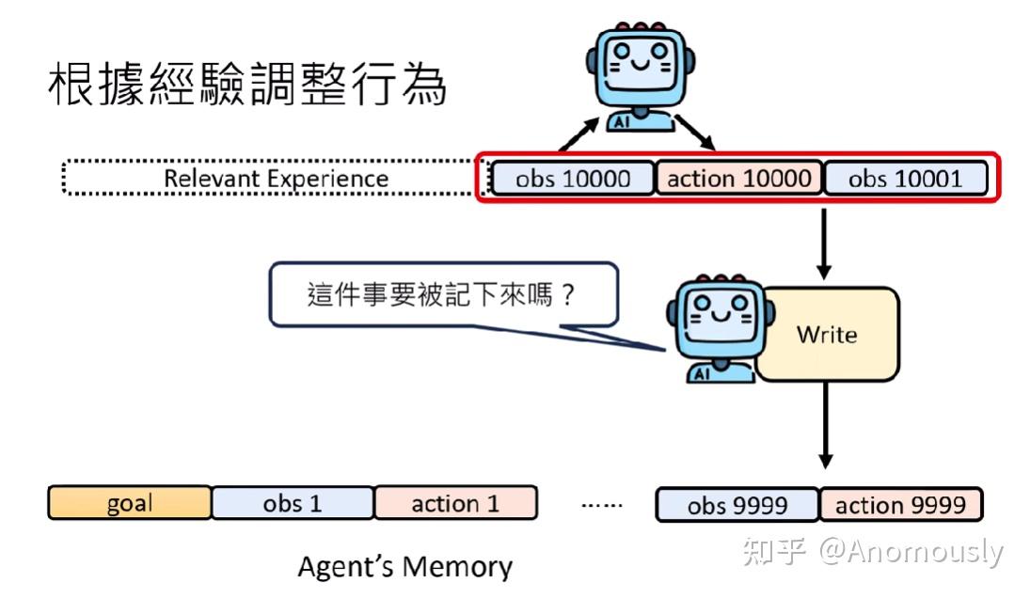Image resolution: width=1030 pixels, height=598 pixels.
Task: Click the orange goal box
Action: [130, 503]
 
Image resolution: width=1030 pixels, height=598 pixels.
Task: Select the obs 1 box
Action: [293, 503]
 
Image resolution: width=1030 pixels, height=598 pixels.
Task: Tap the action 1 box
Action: [455, 503]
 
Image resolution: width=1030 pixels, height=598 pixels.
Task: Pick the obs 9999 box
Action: [737, 505]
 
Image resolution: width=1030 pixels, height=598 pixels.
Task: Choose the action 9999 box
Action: [900, 505]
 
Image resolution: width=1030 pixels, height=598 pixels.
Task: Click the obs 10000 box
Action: [573, 179]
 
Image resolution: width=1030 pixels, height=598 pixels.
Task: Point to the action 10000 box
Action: [738, 179]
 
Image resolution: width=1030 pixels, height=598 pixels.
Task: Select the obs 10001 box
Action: [905, 179]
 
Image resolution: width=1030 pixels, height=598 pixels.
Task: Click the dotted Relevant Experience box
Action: [273, 179]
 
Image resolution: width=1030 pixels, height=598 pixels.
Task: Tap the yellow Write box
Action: [827, 334]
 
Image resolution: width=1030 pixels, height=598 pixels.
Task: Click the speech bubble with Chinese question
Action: [442, 295]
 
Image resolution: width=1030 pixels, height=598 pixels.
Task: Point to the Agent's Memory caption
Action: [404, 567]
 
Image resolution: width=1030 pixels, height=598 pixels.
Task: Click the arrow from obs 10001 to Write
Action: [824, 242]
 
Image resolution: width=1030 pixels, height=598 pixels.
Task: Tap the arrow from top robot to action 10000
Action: [697, 133]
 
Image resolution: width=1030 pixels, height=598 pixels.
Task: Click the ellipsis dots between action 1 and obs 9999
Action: [601, 505]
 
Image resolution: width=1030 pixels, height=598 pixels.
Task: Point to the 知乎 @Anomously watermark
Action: [873, 551]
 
